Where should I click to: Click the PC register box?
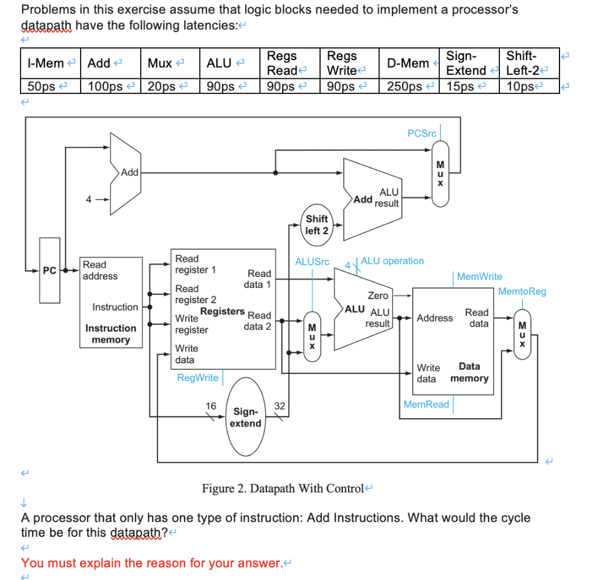coord(50,270)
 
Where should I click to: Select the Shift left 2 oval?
coord(317,225)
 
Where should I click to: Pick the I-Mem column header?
coord(46,63)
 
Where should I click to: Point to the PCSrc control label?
coord(422,133)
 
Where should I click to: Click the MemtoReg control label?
coord(522,291)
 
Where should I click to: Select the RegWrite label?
coord(197,378)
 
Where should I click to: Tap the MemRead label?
coord(426,404)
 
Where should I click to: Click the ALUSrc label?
coord(312,262)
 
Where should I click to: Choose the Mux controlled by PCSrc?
coord(440,174)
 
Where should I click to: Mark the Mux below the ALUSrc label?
coord(312,336)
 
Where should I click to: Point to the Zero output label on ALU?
coord(378,296)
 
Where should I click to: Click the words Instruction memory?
coord(111,334)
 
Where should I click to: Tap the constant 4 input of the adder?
coord(88,199)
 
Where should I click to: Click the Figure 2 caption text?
coord(282,488)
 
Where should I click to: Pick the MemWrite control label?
coord(479,276)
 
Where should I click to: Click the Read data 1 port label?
coord(259,279)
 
